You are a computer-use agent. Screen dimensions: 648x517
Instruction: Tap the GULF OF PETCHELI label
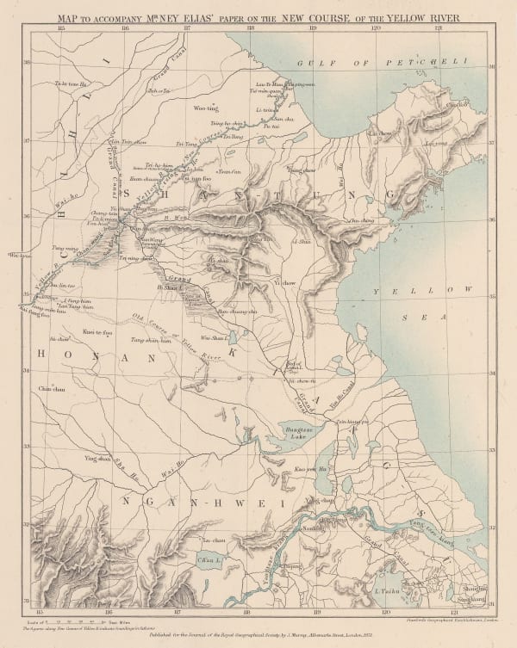tap(380, 63)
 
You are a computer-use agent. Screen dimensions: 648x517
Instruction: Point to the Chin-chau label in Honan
tap(51, 390)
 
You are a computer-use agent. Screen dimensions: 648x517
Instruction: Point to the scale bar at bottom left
tap(69, 618)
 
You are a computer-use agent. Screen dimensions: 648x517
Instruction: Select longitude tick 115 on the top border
tap(60, 28)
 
